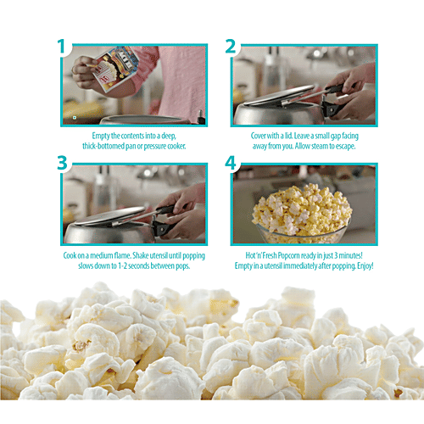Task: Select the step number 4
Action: tap(231, 164)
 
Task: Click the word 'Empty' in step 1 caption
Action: tap(103, 135)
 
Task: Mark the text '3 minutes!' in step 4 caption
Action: tap(357, 255)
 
